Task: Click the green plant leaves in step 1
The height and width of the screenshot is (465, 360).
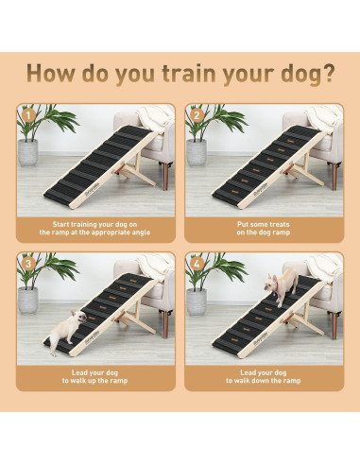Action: point(47,121)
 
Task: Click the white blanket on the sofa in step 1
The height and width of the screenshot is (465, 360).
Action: point(151,118)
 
